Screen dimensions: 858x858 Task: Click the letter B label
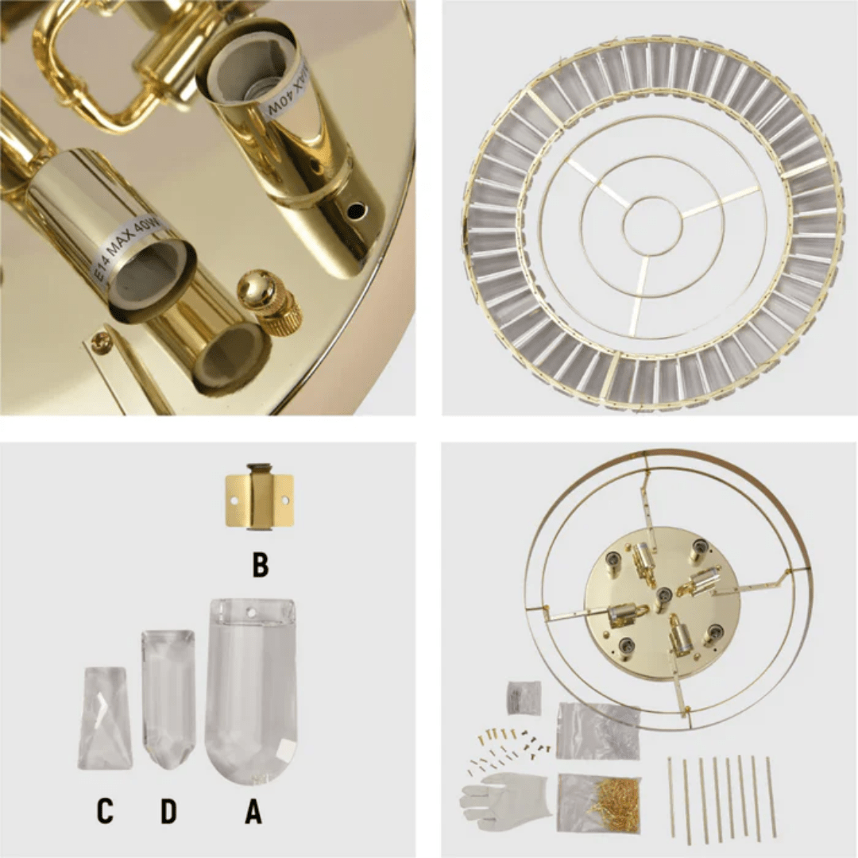pos(260,565)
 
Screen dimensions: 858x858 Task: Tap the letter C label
pos(105,811)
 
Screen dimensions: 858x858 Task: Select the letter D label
pos(168,811)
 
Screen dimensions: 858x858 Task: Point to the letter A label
pos(253,811)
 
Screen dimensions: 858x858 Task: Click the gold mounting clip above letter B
pos(259,498)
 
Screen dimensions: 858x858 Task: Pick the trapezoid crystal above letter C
pos(105,718)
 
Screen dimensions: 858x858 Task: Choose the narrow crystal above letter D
pos(168,699)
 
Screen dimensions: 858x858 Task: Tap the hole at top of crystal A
pos(252,613)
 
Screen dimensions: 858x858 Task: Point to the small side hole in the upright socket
pos(356,211)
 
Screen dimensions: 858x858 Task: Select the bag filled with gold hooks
pos(600,803)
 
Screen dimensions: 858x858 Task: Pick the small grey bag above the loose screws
pos(524,698)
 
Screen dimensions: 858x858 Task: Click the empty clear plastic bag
pos(597,729)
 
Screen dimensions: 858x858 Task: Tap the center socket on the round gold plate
pos(663,594)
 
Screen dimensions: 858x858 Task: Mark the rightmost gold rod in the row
pos(771,796)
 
